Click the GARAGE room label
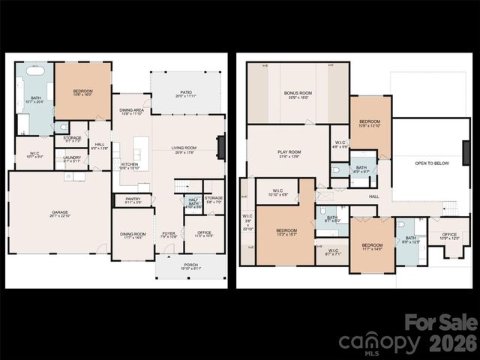pos(60,212)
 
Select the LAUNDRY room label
pos(72,157)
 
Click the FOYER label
pos(169,233)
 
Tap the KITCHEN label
pos(130,164)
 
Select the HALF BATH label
pos(193,201)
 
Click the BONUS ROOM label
pos(297,93)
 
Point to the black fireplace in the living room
pos(220,146)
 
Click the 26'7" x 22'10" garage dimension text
pos(60,216)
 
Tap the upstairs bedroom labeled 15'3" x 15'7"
pos(286,232)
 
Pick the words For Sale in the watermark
pos(441,323)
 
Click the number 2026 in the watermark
pos(453,344)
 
